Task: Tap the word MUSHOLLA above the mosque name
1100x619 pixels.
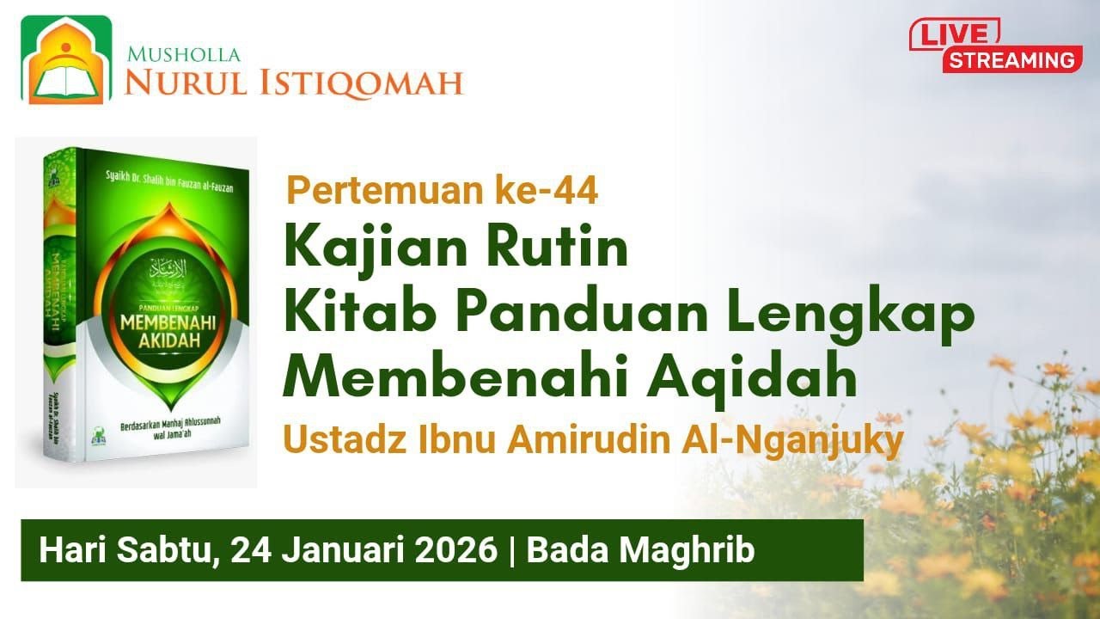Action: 184,55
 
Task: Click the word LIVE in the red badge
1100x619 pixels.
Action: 954,34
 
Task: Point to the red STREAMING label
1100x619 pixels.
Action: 1011,60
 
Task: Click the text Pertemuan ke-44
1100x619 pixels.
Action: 442,191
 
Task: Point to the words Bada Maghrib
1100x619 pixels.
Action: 640,550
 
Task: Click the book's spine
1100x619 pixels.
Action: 61,309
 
